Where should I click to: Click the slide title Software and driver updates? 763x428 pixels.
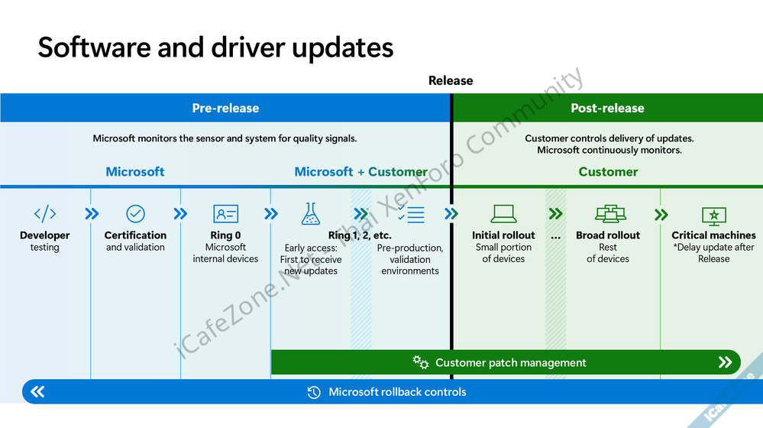(215, 47)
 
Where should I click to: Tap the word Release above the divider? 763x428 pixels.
(451, 80)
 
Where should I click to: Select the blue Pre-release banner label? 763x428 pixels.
(225, 109)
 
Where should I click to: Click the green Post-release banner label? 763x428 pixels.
(607, 109)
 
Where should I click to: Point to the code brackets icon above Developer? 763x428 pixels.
(45, 214)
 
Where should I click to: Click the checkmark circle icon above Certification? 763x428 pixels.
(135, 214)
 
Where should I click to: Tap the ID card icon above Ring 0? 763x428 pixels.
(225, 214)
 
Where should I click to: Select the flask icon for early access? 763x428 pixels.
(311, 214)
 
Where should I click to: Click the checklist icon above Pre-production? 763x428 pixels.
(411, 214)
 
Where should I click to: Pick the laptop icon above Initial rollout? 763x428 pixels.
(503, 214)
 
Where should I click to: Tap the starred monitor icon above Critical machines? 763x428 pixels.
(713, 215)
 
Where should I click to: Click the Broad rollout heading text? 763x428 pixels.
(608, 235)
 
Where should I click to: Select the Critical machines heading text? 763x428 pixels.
(713, 235)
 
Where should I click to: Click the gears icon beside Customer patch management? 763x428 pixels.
(421, 362)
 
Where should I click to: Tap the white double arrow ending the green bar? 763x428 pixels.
(725, 362)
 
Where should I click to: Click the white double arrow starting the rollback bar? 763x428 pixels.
(37, 392)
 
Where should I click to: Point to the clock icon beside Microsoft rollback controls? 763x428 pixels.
(314, 392)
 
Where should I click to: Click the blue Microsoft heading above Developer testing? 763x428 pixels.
(135, 172)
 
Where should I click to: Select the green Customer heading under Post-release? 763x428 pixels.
(608, 172)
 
